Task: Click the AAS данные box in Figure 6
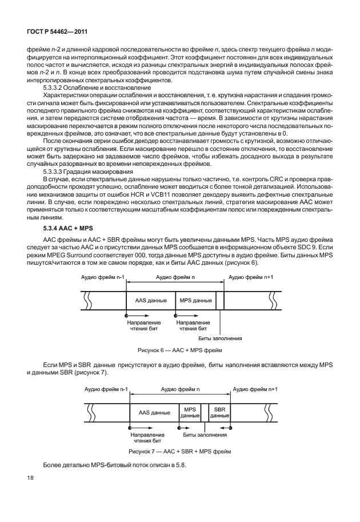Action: click(x=151, y=299)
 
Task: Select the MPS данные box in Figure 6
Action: click(x=195, y=299)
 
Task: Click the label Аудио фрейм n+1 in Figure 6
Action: click(x=252, y=277)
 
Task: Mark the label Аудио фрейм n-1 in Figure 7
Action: click(x=106, y=389)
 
